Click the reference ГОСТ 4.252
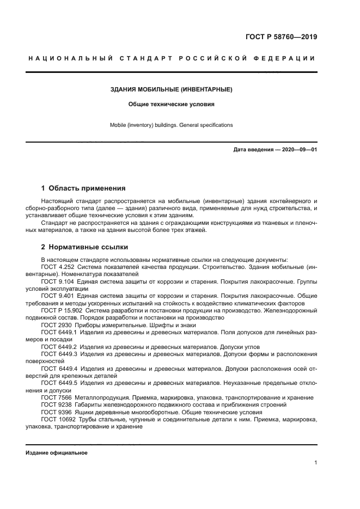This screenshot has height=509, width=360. tap(58, 267)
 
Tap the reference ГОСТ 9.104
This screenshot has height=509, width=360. tap(58, 282)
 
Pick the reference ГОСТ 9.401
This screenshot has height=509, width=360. tap(58, 296)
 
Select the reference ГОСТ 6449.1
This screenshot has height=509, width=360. tap(59, 332)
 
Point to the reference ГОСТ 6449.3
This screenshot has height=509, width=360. tap(59, 353)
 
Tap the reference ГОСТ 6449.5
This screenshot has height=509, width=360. tap(59, 383)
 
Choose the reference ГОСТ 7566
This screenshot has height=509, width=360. tap(54, 398)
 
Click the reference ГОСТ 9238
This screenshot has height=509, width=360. tap(54, 405)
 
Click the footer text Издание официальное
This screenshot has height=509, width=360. tap(56, 453)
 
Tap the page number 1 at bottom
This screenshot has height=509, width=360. tap(315, 463)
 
